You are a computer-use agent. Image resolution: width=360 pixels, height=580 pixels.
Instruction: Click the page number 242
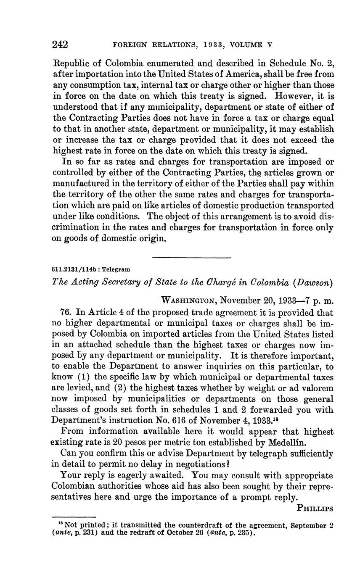coord(60,44)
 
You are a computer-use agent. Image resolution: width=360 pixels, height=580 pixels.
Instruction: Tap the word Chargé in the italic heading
coord(220,282)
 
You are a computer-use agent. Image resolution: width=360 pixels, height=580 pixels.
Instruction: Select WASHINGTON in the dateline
coord(189,301)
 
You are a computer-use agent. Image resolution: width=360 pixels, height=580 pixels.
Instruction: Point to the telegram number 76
coord(66,313)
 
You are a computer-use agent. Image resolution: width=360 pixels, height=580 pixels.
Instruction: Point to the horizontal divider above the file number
coord(191,257)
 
